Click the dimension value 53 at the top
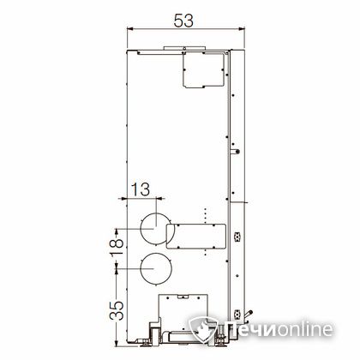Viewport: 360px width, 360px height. point(183,21)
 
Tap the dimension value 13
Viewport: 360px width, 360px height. point(141,189)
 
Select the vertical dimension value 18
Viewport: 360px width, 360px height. point(117,247)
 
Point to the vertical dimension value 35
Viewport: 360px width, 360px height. point(117,310)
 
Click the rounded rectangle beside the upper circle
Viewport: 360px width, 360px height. point(196,237)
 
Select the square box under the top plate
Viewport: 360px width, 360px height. point(203,70)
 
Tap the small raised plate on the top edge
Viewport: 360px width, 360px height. point(184,48)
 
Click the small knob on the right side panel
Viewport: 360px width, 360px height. point(236,152)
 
